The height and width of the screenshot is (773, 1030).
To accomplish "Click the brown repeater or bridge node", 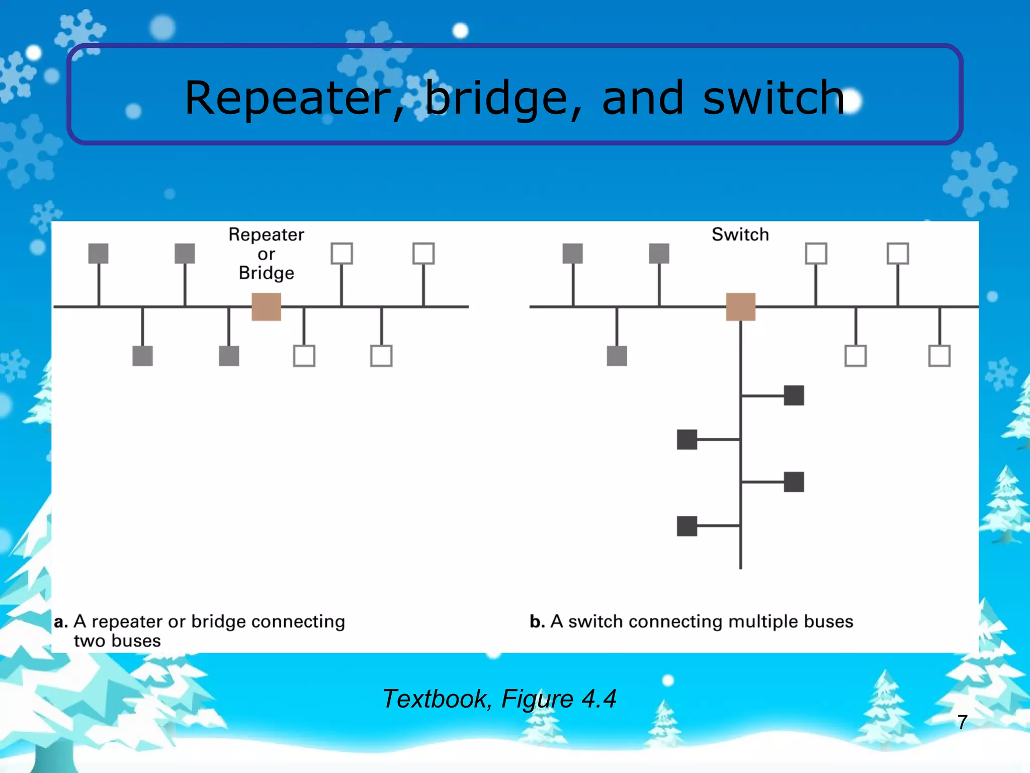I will (266, 306).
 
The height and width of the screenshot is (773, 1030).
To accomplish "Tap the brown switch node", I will (740, 306).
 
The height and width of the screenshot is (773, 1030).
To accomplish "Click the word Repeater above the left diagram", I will (266, 235).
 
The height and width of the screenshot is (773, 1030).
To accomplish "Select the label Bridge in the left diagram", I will (266, 273).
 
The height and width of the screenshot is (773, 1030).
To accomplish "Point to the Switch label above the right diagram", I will (740, 235).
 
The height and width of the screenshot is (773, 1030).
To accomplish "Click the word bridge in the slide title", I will (497, 98).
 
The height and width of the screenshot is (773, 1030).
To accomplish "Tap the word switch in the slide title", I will (773, 98).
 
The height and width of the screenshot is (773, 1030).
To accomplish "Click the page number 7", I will (962, 722).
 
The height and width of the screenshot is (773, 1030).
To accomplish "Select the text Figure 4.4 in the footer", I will (558, 699).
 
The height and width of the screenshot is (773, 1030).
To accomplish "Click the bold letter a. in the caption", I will (61, 622).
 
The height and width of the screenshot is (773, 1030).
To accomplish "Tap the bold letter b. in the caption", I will (537, 622).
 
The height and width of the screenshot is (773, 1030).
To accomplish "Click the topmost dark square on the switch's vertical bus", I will (794, 396).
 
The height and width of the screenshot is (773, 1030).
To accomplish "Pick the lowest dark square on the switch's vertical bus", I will (687, 526).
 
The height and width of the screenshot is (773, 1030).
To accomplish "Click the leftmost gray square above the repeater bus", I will (98, 254).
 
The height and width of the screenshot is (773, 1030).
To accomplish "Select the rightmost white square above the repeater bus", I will (423, 254).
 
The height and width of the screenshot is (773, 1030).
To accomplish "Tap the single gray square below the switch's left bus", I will (617, 356).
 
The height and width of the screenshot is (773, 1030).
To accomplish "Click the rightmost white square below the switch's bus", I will (939, 356).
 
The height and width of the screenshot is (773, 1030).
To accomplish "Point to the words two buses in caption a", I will (117, 641).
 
